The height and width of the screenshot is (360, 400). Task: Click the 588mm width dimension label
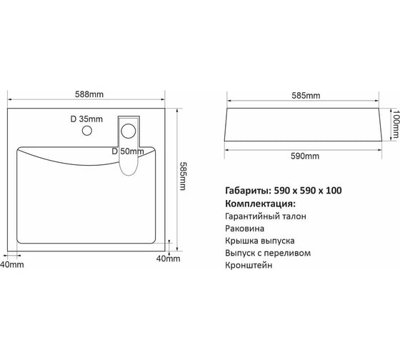pos(89,94)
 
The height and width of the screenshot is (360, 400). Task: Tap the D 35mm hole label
pos(86,119)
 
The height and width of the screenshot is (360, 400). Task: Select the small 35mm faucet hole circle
pos(87,131)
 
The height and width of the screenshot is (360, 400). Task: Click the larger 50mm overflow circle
pos(129,131)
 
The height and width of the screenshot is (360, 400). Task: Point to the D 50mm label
pos(128,151)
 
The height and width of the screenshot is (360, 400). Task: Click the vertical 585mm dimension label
pos(183,176)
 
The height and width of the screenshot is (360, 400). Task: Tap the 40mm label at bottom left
pos(12,264)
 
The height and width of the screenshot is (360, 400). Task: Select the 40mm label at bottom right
pos(168,259)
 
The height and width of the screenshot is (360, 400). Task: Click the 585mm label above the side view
pos(306,96)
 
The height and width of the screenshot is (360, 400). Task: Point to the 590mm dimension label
pos(305,156)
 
